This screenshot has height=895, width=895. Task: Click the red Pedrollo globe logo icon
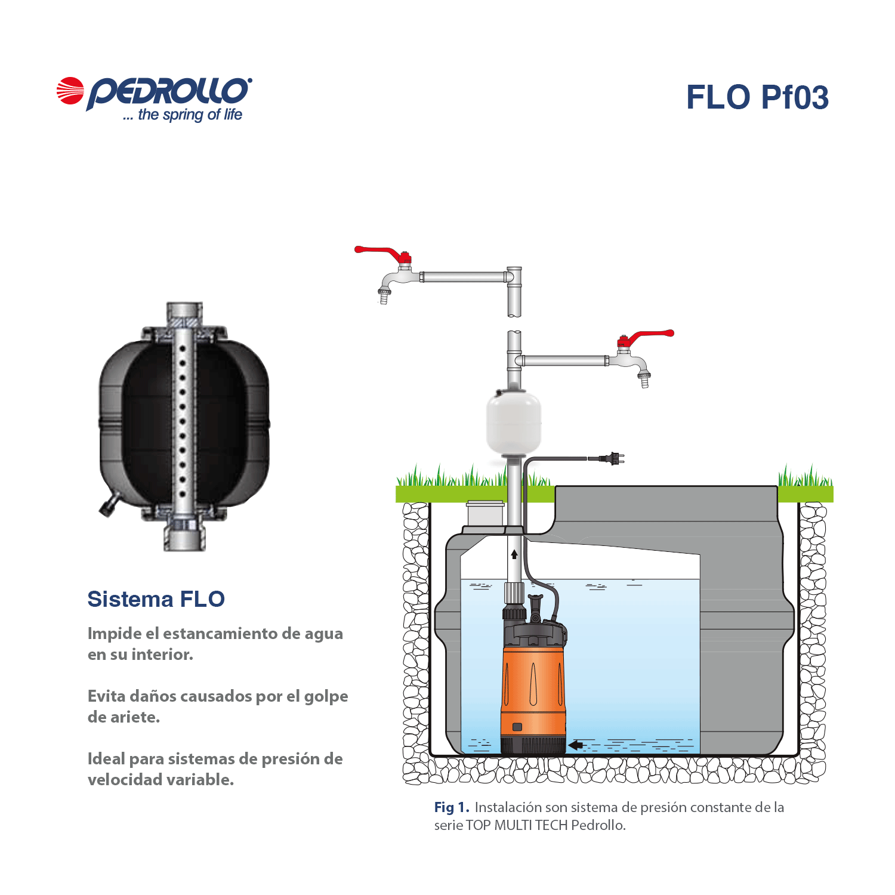70,91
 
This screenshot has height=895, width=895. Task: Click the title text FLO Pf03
757,97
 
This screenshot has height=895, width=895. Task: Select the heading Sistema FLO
156,599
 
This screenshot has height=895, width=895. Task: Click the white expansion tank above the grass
514,421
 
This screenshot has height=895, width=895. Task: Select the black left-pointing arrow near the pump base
575,745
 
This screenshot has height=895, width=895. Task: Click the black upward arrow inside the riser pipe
514,554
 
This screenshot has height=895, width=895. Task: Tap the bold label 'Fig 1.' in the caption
452,807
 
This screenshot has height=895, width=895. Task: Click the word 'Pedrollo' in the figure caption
598,825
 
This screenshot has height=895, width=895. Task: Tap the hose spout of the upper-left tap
384,295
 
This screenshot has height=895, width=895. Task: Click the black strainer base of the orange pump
533,745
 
